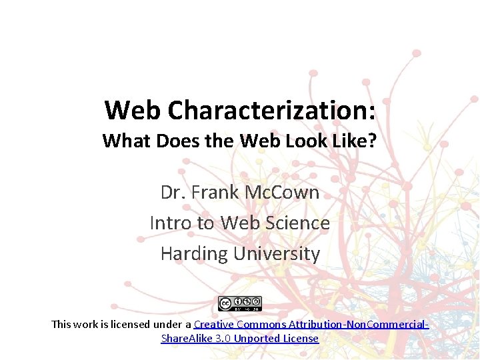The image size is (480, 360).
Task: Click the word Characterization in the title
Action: [271, 110]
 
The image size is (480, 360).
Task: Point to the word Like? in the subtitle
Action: [352, 141]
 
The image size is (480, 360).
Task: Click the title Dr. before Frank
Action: [173, 193]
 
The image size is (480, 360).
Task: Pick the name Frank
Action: [218, 193]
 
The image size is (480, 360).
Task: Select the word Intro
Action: [171, 223]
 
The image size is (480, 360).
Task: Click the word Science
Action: [298, 223]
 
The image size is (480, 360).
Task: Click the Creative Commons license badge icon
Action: [240, 303]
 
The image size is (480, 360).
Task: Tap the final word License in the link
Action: [302, 339]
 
